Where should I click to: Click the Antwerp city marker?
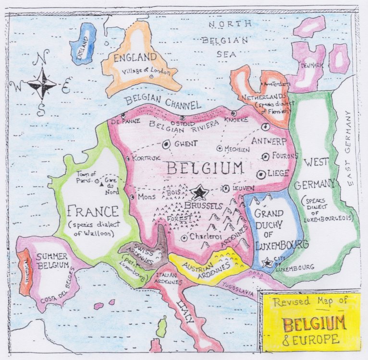(x=265, y=126)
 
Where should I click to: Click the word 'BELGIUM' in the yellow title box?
(x=313, y=324)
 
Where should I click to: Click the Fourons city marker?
(x=265, y=156)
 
